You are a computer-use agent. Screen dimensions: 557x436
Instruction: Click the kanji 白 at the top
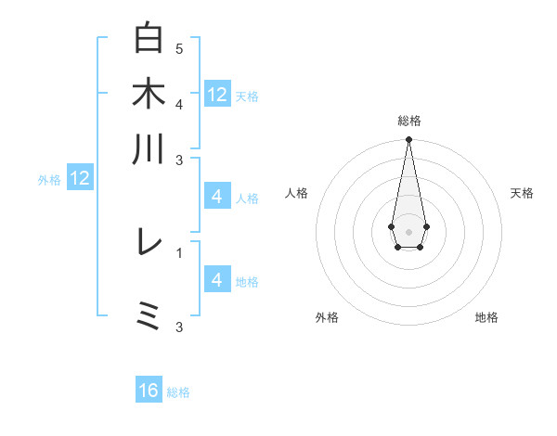click(x=149, y=38)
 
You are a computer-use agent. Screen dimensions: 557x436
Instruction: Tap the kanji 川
click(x=149, y=149)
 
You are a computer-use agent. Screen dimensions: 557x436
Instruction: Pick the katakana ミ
click(x=149, y=316)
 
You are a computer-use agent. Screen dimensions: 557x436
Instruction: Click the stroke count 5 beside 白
click(x=179, y=48)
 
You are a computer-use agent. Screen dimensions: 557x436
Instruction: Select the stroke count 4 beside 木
click(x=179, y=104)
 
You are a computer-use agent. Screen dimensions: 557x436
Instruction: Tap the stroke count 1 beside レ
click(x=179, y=252)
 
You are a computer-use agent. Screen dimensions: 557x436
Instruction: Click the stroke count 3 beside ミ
click(x=179, y=327)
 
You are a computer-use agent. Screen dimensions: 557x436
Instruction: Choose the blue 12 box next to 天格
click(x=217, y=94)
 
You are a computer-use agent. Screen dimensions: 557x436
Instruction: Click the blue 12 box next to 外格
click(x=80, y=178)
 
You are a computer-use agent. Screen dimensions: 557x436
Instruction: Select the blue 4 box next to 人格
click(x=217, y=197)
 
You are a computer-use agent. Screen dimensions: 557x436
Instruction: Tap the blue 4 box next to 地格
click(x=217, y=280)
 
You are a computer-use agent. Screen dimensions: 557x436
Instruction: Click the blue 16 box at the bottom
click(x=149, y=391)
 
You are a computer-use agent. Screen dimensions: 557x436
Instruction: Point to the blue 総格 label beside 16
click(x=178, y=392)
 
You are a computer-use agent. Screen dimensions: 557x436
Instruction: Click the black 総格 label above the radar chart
click(x=408, y=121)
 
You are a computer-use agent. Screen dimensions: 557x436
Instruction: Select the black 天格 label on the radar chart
click(x=522, y=193)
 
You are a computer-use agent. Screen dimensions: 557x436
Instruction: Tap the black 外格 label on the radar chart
click(x=327, y=317)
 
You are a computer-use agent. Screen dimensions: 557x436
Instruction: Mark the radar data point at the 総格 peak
click(x=408, y=140)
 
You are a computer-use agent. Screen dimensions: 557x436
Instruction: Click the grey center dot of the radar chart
click(x=408, y=230)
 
